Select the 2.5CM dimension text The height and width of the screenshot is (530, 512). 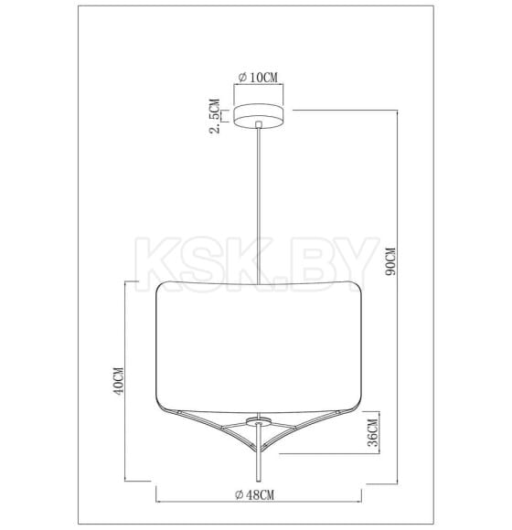pyautogui.click(x=215, y=117)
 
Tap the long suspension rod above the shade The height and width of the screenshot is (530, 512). pyautogui.click(x=261, y=201)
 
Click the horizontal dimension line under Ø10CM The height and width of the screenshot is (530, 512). pyautogui.click(x=261, y=86)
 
